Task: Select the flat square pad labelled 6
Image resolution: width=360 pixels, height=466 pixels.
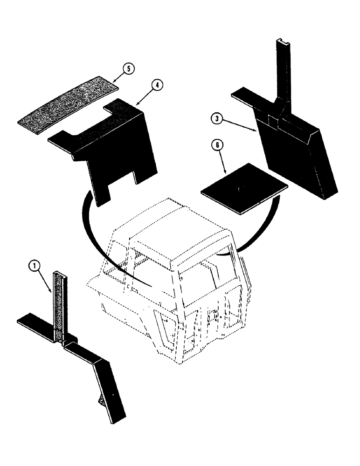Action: (x=244, y=188)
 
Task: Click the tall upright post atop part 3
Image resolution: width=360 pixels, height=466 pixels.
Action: (x=283, y=70)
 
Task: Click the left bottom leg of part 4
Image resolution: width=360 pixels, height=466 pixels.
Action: (x=100, y=189)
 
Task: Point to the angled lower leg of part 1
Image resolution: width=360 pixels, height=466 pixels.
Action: (x=110, y=391)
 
